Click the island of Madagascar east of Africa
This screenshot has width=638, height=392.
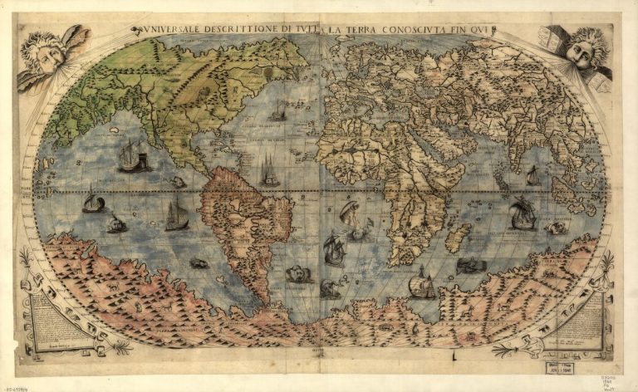click(x=458, y=237)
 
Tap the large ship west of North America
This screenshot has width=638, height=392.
click(x=132, y=156)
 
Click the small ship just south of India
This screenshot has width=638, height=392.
click(x=532, y=175)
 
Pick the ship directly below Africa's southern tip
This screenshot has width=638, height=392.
click(x=422, y=283)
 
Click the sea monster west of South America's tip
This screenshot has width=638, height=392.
click(x=199, y=263)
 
